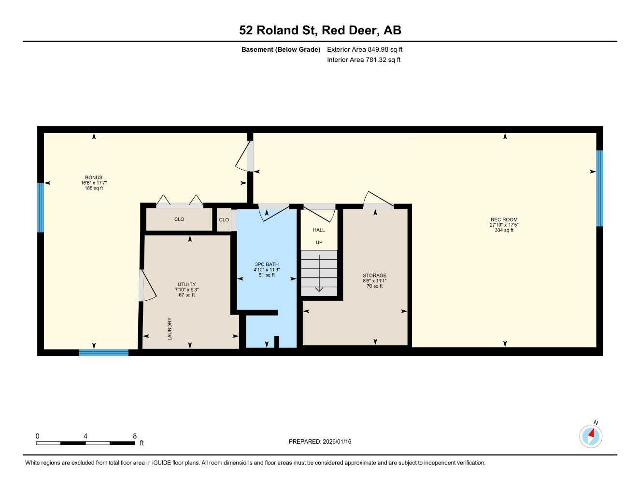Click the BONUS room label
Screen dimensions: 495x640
pyautogui.click(x=94, y=178)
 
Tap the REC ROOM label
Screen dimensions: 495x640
pyautogui.click(x=504, y=220)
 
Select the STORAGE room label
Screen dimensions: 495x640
pyautogui.click(x=374, y=276)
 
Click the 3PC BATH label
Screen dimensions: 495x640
pyautogui.click(x=267, y=264)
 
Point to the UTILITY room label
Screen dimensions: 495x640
pyautogui.click(x=186, y=285)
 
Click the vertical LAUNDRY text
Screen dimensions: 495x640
pyautogui.click(x=170, y=329)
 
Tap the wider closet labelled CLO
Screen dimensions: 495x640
pyautogui.click(x=179, y=219)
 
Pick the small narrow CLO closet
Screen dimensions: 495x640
pyautogui.click(x=224, y=220)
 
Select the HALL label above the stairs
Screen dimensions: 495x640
pyautogui.click(x=319, y=230)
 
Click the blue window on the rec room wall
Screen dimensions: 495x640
pyautogui.click(x=599, y=189)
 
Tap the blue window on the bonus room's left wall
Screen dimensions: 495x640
pyautogui.click(x=41, y=207)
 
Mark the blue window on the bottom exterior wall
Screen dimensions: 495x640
pyautogui.click(x=104, y=352)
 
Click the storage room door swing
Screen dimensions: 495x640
pyautogui.click(x=377, y=199)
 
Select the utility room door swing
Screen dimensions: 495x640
pyautogui.click(x=147, y=286)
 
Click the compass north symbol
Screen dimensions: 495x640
pyautogui.click(x=591, y=436)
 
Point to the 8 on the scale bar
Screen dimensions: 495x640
pyautogui.click(x=135, y=436)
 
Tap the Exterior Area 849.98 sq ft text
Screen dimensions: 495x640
pyautogui.click(x=365, y=49)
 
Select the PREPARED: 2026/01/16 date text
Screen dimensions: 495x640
pyautogui.click(x=320, y=441)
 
